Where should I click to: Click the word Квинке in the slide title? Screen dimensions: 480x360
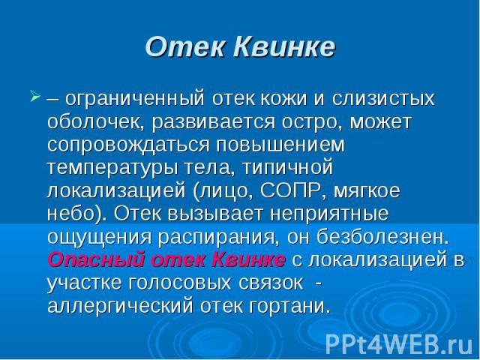click(x=284, y=47)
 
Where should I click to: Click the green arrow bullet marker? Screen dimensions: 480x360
click(x=35, y=96)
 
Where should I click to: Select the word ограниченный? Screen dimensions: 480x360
click(x=135, y=99)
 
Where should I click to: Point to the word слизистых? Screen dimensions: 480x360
click(x=383, y=98)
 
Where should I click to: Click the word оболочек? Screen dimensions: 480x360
click(x=96, y=122)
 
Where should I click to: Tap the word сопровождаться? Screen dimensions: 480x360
click(x=128, y=145)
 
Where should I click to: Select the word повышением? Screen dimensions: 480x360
click(x=280, y=145)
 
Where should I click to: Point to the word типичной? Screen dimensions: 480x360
click(x=287, y=168)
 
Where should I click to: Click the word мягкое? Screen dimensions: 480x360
click(x=367, y=192)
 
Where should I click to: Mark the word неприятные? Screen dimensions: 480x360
click(x=329, y=214)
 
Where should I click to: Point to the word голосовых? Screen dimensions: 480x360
click(x=179, y=283)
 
